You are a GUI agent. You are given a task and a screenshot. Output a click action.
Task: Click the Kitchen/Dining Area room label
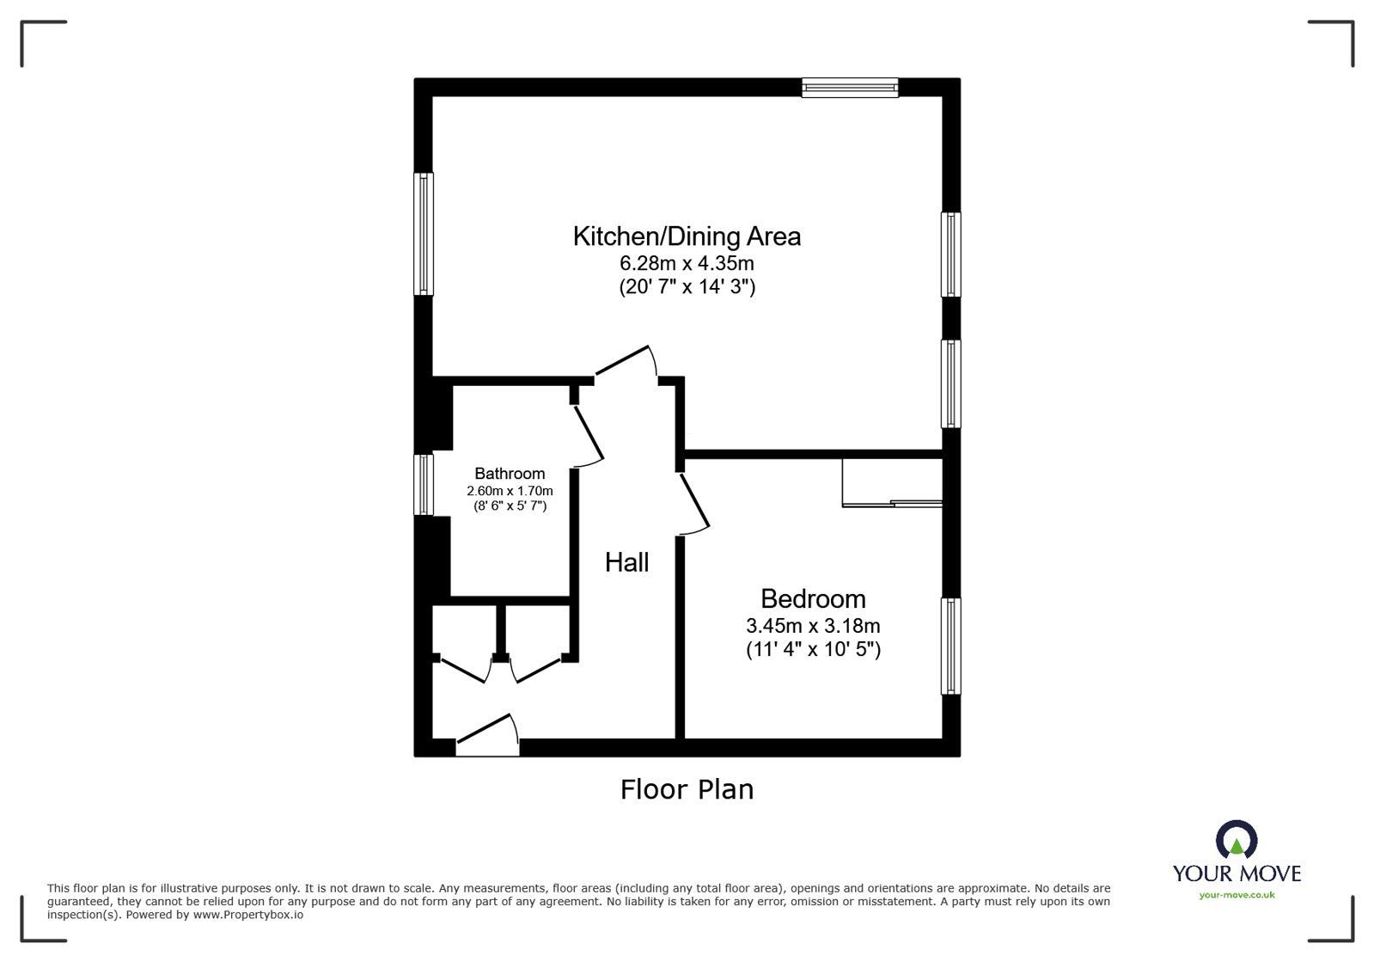click(x=687, y=236)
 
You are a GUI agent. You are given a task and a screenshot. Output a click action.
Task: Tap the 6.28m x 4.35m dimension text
click(x=687, y=263)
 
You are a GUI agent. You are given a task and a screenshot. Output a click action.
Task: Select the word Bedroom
click(x=813, y=598)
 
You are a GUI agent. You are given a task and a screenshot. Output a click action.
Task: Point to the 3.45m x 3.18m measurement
click(x=813, y=627)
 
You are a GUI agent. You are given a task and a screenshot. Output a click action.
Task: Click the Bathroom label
click(x=510, y=474)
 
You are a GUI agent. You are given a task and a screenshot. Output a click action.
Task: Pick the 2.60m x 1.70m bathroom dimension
click(x=510, y=491)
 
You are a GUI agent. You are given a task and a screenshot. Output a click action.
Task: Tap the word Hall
click(x=626, y=562)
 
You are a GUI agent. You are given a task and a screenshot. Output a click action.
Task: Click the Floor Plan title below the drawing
click(x=687, y=789)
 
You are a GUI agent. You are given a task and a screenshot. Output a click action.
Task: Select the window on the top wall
click(x=850, y=87)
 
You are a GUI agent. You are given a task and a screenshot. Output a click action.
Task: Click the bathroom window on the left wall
click(x=424, y=485)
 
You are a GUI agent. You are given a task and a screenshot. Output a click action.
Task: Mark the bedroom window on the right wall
click(x=950, y=646)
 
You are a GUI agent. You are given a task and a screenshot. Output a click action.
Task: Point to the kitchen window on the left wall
click(x=424, y=234)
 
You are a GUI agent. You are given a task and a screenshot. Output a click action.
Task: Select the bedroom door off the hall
click(x=694, y=503)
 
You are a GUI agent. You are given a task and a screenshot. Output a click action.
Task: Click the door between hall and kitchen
click(x=626, y=362)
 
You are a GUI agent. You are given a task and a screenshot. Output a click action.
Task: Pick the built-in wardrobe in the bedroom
click(x=892, y=483)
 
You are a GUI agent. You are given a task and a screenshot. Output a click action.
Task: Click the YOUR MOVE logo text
click(x=1237, y=873)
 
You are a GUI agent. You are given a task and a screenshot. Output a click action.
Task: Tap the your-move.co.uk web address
click(x=1237, y=895)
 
